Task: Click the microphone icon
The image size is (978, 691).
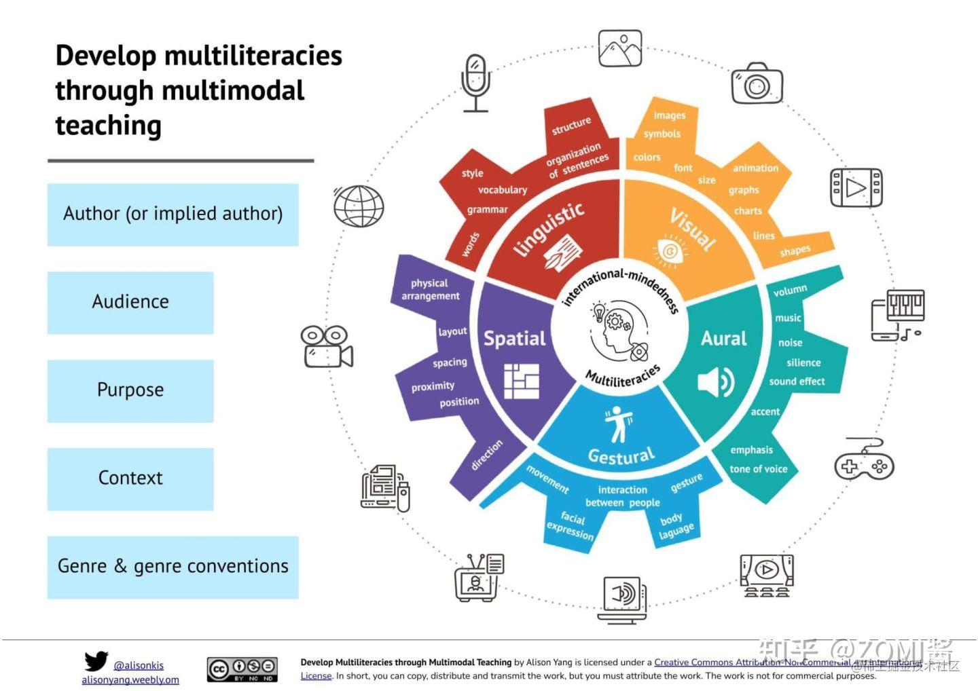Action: pos(475,83)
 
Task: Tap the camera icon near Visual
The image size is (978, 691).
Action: pos(757,84)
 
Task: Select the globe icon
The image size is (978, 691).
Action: pos(359,206)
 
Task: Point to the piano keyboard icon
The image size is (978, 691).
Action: pos(898,314)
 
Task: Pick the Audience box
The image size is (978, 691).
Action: pos(130,302)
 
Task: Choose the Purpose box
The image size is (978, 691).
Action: pos(130,390)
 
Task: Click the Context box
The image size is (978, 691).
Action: pos(130,479)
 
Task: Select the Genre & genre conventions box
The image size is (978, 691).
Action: pos(173,567)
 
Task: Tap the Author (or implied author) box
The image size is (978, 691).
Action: pos(173,214)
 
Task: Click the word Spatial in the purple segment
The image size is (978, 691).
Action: pos(514,338)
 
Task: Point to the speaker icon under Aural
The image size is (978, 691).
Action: pos(716,382)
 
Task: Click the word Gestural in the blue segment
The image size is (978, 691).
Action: pos(621,455)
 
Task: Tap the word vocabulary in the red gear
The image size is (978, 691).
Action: pos(502,190)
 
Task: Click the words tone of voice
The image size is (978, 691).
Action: pos(758,469)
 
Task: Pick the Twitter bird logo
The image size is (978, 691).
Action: pos(96,660)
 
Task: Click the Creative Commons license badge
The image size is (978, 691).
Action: pos(242,669)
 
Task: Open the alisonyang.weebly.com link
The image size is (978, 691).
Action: pos(130,679)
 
